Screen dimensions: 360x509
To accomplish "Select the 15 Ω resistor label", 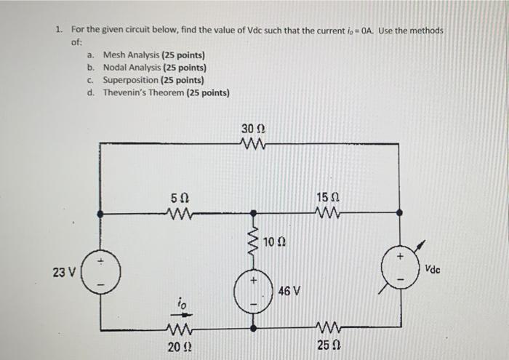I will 326,196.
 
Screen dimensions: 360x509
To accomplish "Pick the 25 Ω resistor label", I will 326,344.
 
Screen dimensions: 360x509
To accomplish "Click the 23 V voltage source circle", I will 100,272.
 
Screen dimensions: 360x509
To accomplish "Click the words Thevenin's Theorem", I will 144,93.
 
